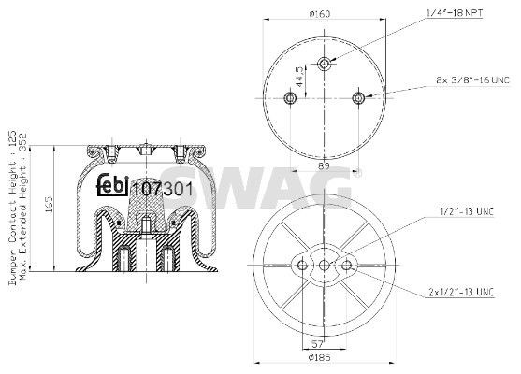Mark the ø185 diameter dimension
324,358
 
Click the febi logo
112,185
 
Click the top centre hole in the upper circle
325,64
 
